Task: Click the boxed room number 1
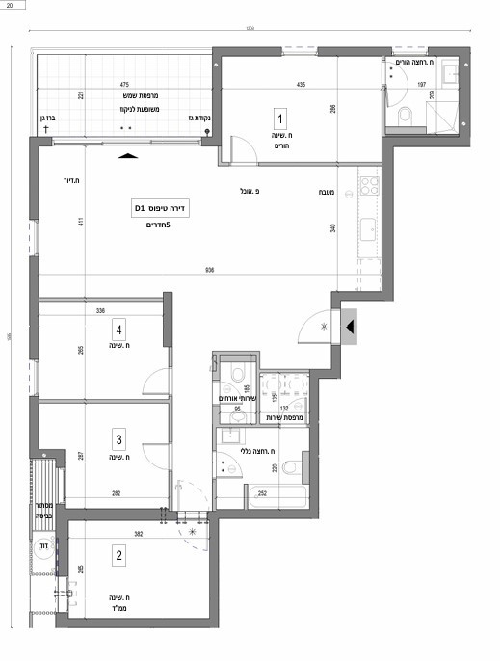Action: [x=280, y=120]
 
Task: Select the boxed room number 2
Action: [x=119, y=555]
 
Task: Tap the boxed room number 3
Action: [x=118, y=440]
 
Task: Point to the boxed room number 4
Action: [x=118, y=327]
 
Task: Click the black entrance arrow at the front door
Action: [x=351, y=328]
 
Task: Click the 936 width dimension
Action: [x=209, y=270]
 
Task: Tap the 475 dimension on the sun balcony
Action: [x=124, y=85]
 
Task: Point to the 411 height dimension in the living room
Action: [x=84, y=224]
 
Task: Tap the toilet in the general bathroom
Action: [x=291, y=468]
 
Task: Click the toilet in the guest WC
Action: [x=235, y=375]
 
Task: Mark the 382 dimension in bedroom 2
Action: [x=137, y=533]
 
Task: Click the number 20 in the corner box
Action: [x=9, y=6]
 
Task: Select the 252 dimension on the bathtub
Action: [x=262, y=492]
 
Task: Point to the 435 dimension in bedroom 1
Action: [x=301, y=86]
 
